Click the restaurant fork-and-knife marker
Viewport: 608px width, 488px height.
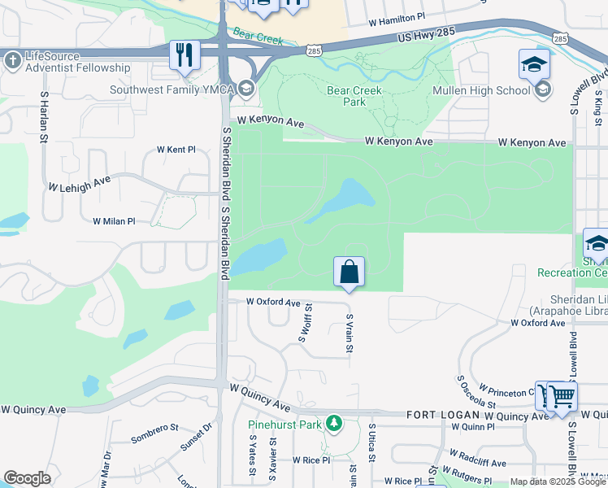185,55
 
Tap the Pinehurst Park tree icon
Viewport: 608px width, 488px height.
332,423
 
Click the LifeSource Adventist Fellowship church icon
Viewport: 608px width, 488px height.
12,60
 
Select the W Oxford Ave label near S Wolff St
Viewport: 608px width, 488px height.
274,302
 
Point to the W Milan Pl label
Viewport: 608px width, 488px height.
113,221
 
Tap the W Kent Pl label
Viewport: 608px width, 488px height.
176,150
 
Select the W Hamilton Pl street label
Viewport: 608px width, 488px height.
397,16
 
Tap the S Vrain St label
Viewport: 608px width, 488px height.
350,333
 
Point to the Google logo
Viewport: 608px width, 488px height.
27,478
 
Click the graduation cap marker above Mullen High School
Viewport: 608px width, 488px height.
535,64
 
